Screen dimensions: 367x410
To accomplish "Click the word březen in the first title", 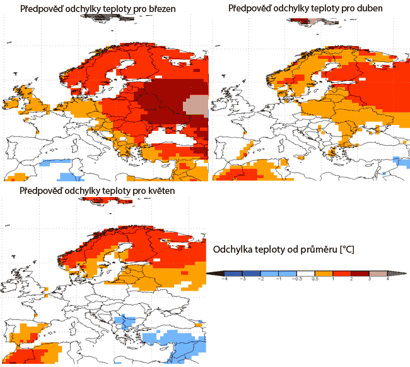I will (159, 10).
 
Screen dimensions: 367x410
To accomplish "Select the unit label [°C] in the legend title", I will (346, 250).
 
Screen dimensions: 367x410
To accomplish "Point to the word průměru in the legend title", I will (319, 250).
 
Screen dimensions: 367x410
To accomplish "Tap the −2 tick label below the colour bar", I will (261, 279).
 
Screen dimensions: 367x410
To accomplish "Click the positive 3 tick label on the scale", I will (369, 279).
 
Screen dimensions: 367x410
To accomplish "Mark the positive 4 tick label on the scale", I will (387, 279).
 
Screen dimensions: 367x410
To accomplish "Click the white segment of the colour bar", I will (306, 273).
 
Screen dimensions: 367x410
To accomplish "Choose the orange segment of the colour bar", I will (324, 273).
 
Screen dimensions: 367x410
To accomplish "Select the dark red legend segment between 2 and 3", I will (360, 273).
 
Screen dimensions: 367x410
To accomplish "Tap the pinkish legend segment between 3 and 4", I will (378, 273).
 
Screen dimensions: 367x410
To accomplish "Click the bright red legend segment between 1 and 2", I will (342, 273).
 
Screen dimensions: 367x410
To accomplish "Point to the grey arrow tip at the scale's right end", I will (401, 273).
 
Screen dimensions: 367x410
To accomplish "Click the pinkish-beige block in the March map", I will (197, 105).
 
